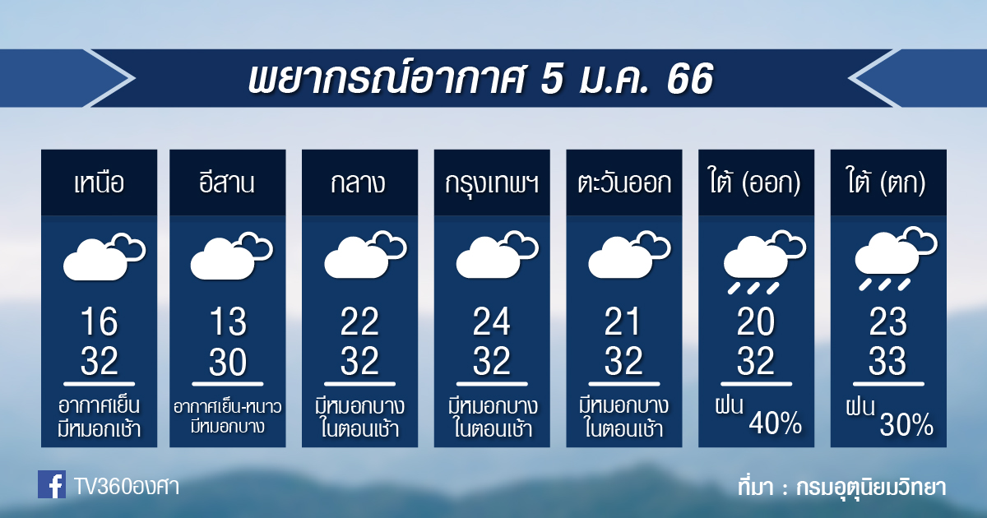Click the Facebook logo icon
(52, 484)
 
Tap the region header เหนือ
(100, 183)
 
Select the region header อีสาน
(227, 182)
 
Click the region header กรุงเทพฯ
(492, 183)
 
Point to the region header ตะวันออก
(624, 183)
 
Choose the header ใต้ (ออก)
(755, 181)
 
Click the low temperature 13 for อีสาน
(228, 321)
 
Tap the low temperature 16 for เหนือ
(100, 321)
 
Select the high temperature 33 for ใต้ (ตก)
(887, 361)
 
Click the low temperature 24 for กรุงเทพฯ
(492, 321)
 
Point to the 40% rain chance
(775, 423)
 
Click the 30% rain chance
(906, 423)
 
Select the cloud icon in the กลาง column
(365, 254)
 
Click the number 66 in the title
(690, 79)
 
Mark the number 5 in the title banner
(551, 79)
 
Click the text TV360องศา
(127, 486)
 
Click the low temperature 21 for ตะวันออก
(622, 321)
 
